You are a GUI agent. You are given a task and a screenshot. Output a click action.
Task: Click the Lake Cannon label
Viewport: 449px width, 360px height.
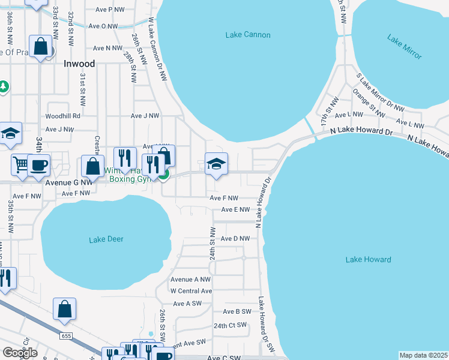248,35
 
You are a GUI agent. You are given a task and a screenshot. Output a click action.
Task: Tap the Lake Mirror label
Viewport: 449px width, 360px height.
405,48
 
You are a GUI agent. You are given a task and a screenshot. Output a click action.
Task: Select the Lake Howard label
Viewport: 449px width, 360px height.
368,260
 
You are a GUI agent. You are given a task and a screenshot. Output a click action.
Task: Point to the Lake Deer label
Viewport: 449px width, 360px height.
106,239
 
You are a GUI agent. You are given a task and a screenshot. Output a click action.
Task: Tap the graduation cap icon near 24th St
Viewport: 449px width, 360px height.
216,164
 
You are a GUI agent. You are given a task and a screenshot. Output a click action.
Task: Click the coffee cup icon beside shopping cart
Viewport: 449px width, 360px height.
38,164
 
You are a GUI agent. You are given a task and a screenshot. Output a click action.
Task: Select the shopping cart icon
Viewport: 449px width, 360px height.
20,164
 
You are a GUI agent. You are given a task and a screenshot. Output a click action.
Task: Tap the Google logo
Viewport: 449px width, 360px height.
20,353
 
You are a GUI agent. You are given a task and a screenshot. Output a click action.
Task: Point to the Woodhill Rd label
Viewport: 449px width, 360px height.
62,116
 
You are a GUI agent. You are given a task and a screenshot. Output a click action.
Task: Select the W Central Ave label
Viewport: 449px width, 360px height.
191,291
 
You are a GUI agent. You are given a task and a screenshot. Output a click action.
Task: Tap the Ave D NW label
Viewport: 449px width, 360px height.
235,239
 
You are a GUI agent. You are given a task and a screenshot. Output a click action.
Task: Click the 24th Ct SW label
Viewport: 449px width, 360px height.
230,325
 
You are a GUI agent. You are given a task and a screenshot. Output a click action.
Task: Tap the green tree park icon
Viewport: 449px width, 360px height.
4,86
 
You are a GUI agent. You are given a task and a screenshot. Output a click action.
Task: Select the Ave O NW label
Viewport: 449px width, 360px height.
103,26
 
